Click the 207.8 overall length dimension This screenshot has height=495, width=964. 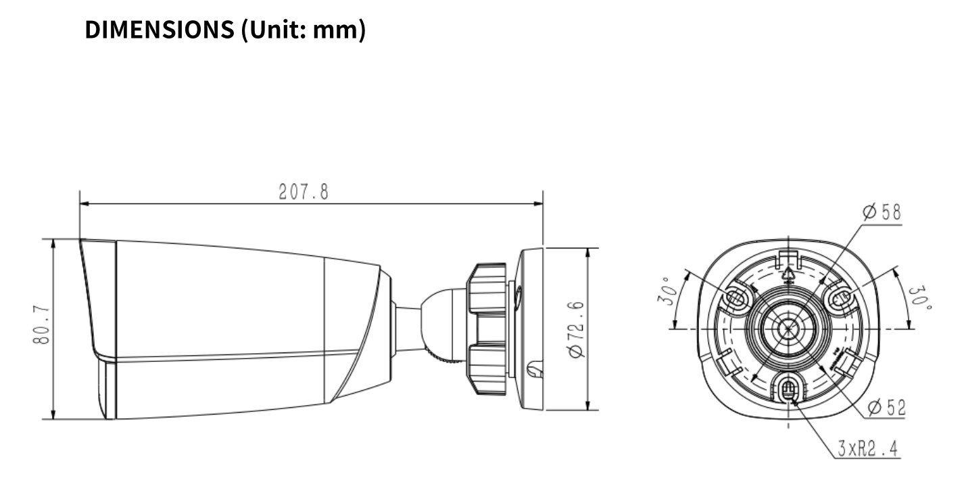(x=304, y=192)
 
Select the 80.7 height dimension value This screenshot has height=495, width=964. (x=41, y=326)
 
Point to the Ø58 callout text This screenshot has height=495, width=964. (x=881, y=212)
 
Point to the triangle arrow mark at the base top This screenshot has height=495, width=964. (x=788, y=273)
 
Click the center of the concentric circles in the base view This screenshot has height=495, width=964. (x=788, y=329)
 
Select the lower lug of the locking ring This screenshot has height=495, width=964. (x=487, y=371)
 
